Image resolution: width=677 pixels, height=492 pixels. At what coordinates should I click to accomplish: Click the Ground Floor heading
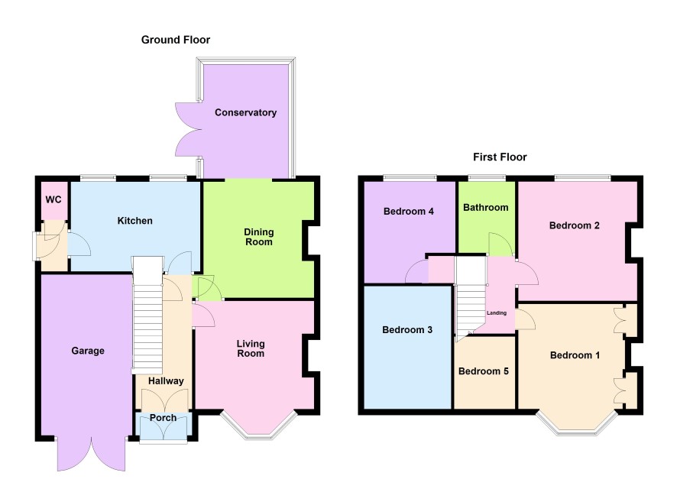coord(176,40)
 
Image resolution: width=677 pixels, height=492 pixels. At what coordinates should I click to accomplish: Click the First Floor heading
coord(500,157)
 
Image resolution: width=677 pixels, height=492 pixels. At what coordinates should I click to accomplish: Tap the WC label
coord(53,200)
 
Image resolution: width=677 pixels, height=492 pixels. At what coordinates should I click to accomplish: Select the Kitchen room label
coord(135,221)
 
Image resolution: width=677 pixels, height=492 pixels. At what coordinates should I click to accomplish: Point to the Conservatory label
coord(246,112)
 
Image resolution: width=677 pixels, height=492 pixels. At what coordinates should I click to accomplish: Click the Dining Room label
coord(258,237)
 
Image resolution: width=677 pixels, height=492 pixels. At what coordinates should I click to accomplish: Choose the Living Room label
coord(251,348)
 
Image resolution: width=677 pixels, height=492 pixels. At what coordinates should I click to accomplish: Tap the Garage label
coord(88,351)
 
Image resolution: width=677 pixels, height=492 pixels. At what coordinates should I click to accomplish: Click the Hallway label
coord(166,381)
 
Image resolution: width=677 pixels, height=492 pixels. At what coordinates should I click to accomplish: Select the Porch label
coord(163,418)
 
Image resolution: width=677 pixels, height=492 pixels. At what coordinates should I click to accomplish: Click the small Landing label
coord(497,313)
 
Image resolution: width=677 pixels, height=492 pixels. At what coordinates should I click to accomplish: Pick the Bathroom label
coord(486,208)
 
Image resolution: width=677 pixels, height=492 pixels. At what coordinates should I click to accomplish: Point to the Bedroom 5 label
coord(484,371)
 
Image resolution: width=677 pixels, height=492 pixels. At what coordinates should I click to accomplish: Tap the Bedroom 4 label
coord(409,212)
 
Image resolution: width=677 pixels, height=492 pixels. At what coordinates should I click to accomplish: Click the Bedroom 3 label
coord(407,330)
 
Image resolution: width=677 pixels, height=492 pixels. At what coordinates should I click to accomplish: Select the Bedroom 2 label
coord(575,225)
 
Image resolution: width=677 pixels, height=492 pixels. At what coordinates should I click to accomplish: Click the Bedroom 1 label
coord(575,355)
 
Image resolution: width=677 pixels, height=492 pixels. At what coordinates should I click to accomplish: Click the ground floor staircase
coord(147,315)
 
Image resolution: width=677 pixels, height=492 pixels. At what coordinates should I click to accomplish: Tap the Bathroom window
coord(487,177)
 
